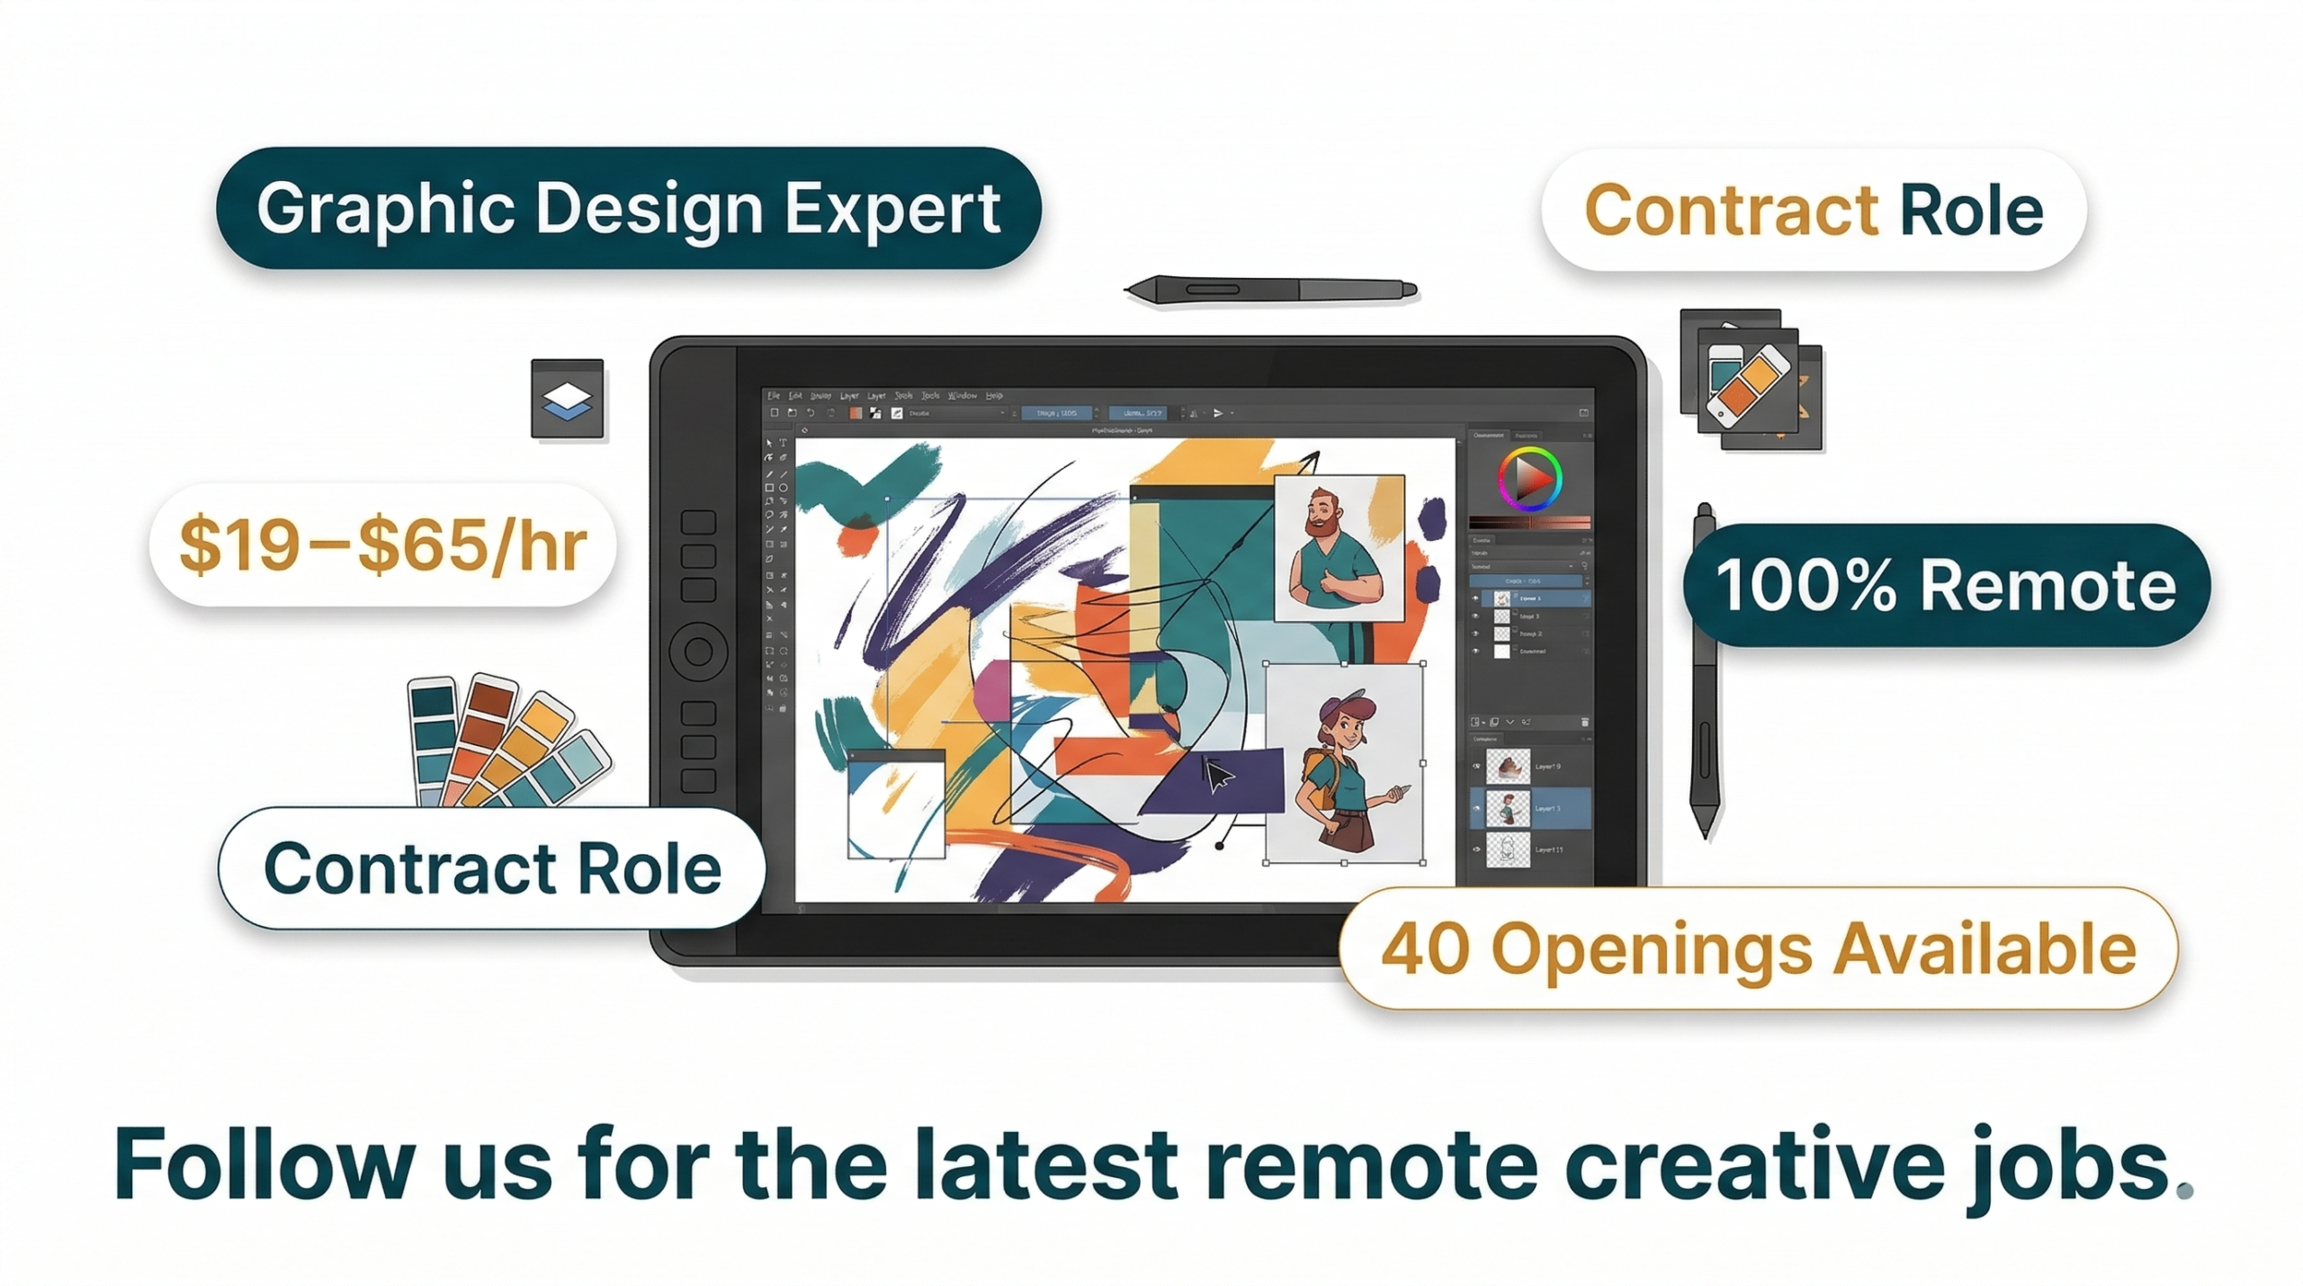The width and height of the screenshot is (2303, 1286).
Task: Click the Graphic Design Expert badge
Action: coord(628,209)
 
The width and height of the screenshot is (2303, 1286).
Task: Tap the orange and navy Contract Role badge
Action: coord(1813,211)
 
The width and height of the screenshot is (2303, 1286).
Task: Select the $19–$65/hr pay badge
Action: coord(382,544)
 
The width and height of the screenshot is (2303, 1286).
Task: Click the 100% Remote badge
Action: coord(1946,586)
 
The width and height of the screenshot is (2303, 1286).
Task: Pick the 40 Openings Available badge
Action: coord(1758,949)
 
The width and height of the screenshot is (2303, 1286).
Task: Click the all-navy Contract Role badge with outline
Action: coord(492,868)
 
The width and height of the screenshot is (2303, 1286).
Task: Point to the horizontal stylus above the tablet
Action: coord(1270,290)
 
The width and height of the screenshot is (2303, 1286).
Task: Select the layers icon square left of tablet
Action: coord(567,399)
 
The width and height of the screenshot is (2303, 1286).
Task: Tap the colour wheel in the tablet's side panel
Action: coord(1528,479)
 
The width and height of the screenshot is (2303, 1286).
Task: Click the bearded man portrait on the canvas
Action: coord(1339,548)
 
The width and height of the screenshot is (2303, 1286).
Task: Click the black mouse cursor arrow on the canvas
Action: coord(1216,775)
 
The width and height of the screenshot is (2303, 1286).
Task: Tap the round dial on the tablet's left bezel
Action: coord(698,652)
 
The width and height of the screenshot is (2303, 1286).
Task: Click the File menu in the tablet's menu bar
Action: coord(773,395)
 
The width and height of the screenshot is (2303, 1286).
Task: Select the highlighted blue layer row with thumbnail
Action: coord(1529,808)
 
